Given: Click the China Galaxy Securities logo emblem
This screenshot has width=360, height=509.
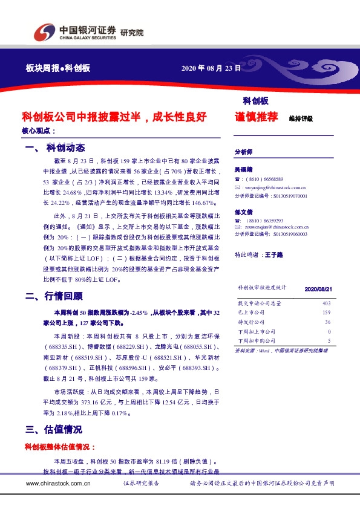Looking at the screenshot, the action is point(43,32).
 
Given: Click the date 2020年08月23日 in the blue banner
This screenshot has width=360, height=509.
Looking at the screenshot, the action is point(211,68).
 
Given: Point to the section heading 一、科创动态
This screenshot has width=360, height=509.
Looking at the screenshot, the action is point(56,148).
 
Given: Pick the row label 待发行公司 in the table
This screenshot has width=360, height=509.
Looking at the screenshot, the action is point(251,322).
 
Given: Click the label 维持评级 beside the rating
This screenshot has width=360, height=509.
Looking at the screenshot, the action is point(301,118).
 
